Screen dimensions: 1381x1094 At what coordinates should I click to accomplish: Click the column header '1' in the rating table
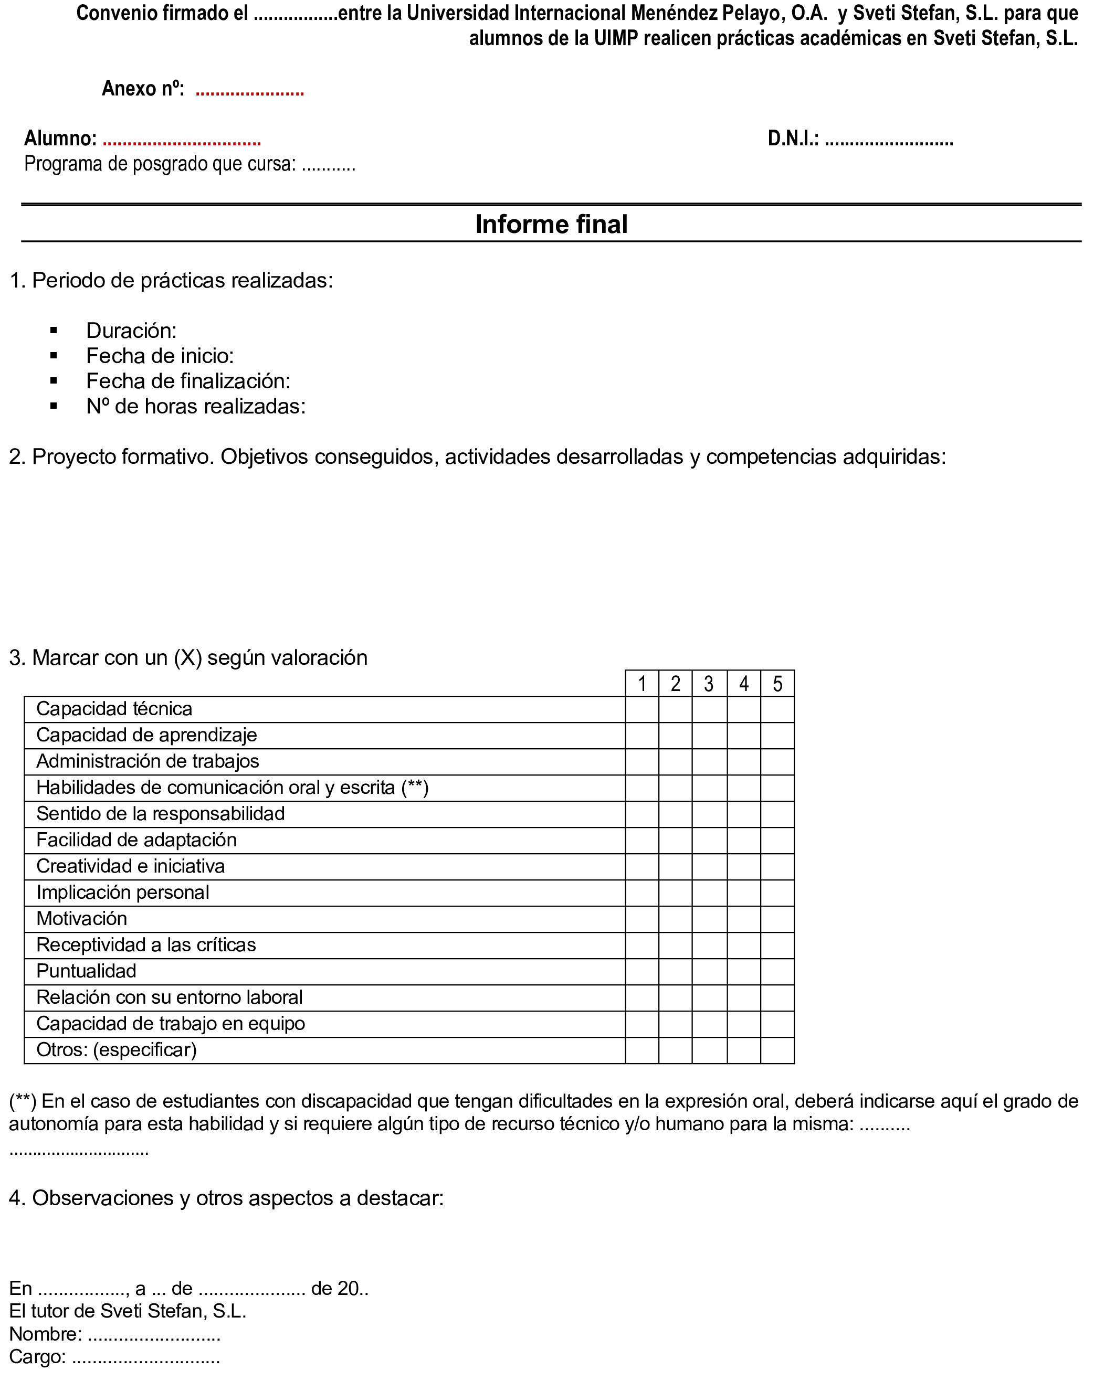tap(642, 684)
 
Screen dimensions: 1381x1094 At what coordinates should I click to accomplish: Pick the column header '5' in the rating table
tap(777, 684)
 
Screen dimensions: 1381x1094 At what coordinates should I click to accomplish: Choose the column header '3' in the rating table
tap(709, 684)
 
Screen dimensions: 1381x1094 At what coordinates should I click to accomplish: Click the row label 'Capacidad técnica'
tap(114, 709)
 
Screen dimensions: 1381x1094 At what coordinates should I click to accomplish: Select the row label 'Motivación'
tap(81, 918)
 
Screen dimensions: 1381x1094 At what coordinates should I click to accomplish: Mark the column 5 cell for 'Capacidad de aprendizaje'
tap(777, 736)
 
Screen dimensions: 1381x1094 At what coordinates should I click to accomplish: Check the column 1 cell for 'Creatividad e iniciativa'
tap(642, 866)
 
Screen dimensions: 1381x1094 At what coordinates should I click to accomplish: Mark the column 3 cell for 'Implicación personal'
tap(709, 893)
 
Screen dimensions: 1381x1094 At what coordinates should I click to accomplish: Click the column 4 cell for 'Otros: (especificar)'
tap(744, 1050)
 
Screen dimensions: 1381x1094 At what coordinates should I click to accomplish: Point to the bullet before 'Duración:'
tap(54, 331)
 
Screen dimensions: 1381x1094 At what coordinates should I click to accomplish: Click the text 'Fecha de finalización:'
tap(188, 381)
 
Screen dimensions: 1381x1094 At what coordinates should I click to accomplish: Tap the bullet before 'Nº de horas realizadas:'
tap(54, 406)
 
